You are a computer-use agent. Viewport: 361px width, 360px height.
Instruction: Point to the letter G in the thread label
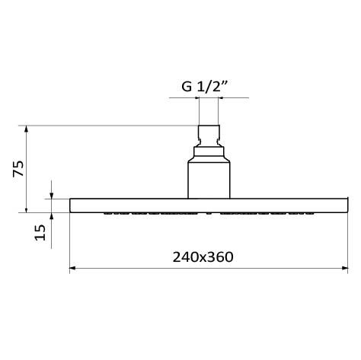[x=187, y=86]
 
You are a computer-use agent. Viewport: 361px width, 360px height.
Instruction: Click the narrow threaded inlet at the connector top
[x=209, y=135]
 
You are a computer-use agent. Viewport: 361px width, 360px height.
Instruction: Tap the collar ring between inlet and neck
[x=209, y=151]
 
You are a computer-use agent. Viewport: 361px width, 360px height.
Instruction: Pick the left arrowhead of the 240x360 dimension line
[x=73, y=268]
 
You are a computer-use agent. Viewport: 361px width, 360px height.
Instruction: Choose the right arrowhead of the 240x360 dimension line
[x=345, y=268]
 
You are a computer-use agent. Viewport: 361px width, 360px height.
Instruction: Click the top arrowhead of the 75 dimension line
[x=27, y=128]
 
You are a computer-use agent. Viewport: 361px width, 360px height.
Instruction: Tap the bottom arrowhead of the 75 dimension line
[x=27, y=210]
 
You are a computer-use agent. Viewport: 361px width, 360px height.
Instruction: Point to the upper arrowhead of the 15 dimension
[x=52, y=196]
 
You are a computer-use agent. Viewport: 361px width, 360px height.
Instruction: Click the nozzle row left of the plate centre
[x=149, y=214]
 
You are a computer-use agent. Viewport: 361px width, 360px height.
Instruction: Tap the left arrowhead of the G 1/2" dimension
[x=196, y=99]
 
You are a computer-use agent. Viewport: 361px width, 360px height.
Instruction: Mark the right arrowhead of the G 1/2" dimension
[x=221, y=99]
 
